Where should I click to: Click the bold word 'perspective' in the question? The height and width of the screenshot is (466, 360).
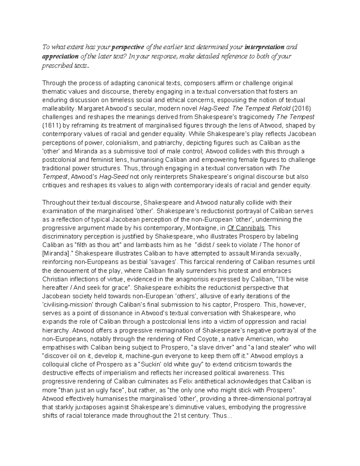(128, 47)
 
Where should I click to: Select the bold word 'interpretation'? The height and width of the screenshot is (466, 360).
(265, 47)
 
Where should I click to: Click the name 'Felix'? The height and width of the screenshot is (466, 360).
(188, 382)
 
